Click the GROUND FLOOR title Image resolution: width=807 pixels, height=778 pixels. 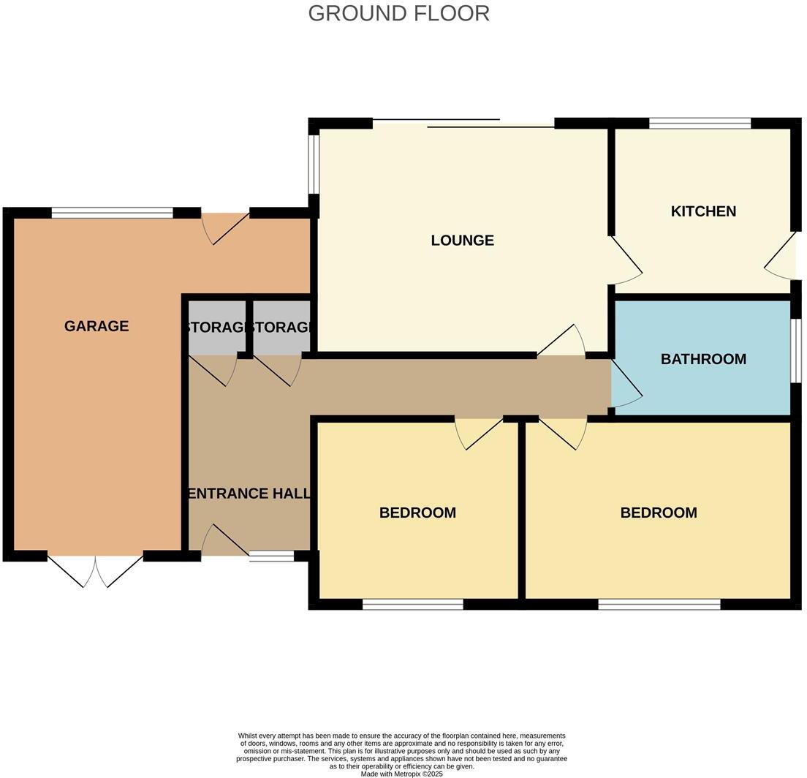[399, 13]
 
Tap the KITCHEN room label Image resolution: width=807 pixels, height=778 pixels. [703, 211]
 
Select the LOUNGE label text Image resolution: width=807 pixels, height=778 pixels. [462, 240]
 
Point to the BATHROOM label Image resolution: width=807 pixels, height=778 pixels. [703, 359]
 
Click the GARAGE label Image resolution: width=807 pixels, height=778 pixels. [96, 326]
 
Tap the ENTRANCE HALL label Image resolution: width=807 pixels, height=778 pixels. [249, 494]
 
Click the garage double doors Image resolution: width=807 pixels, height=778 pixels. [96, 570]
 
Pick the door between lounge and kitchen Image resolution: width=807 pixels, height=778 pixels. [626, 260]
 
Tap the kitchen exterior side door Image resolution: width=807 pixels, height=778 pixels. [780, 257]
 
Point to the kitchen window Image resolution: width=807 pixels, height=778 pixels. [700, 123]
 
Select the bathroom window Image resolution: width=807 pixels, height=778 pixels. [796, 351]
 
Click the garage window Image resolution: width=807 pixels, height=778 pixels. [112, 213]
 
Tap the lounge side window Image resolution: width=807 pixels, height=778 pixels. [314, 164]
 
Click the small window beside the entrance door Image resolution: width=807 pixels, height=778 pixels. [272, 556]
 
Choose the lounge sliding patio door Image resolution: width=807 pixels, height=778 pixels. [463, 123]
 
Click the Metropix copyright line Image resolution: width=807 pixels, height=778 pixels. [401, 774]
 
